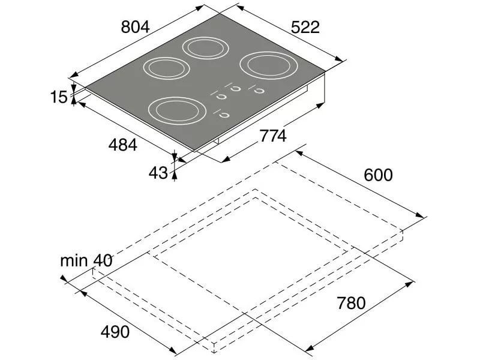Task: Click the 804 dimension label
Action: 135,27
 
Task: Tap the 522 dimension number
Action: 305,27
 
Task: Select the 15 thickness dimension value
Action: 58,97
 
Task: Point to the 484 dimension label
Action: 123,145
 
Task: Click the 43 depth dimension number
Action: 158,173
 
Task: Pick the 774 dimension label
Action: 273,136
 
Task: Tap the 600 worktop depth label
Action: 378,175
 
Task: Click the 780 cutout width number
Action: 351,303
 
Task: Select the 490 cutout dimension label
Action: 115,332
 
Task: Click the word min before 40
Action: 74,261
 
